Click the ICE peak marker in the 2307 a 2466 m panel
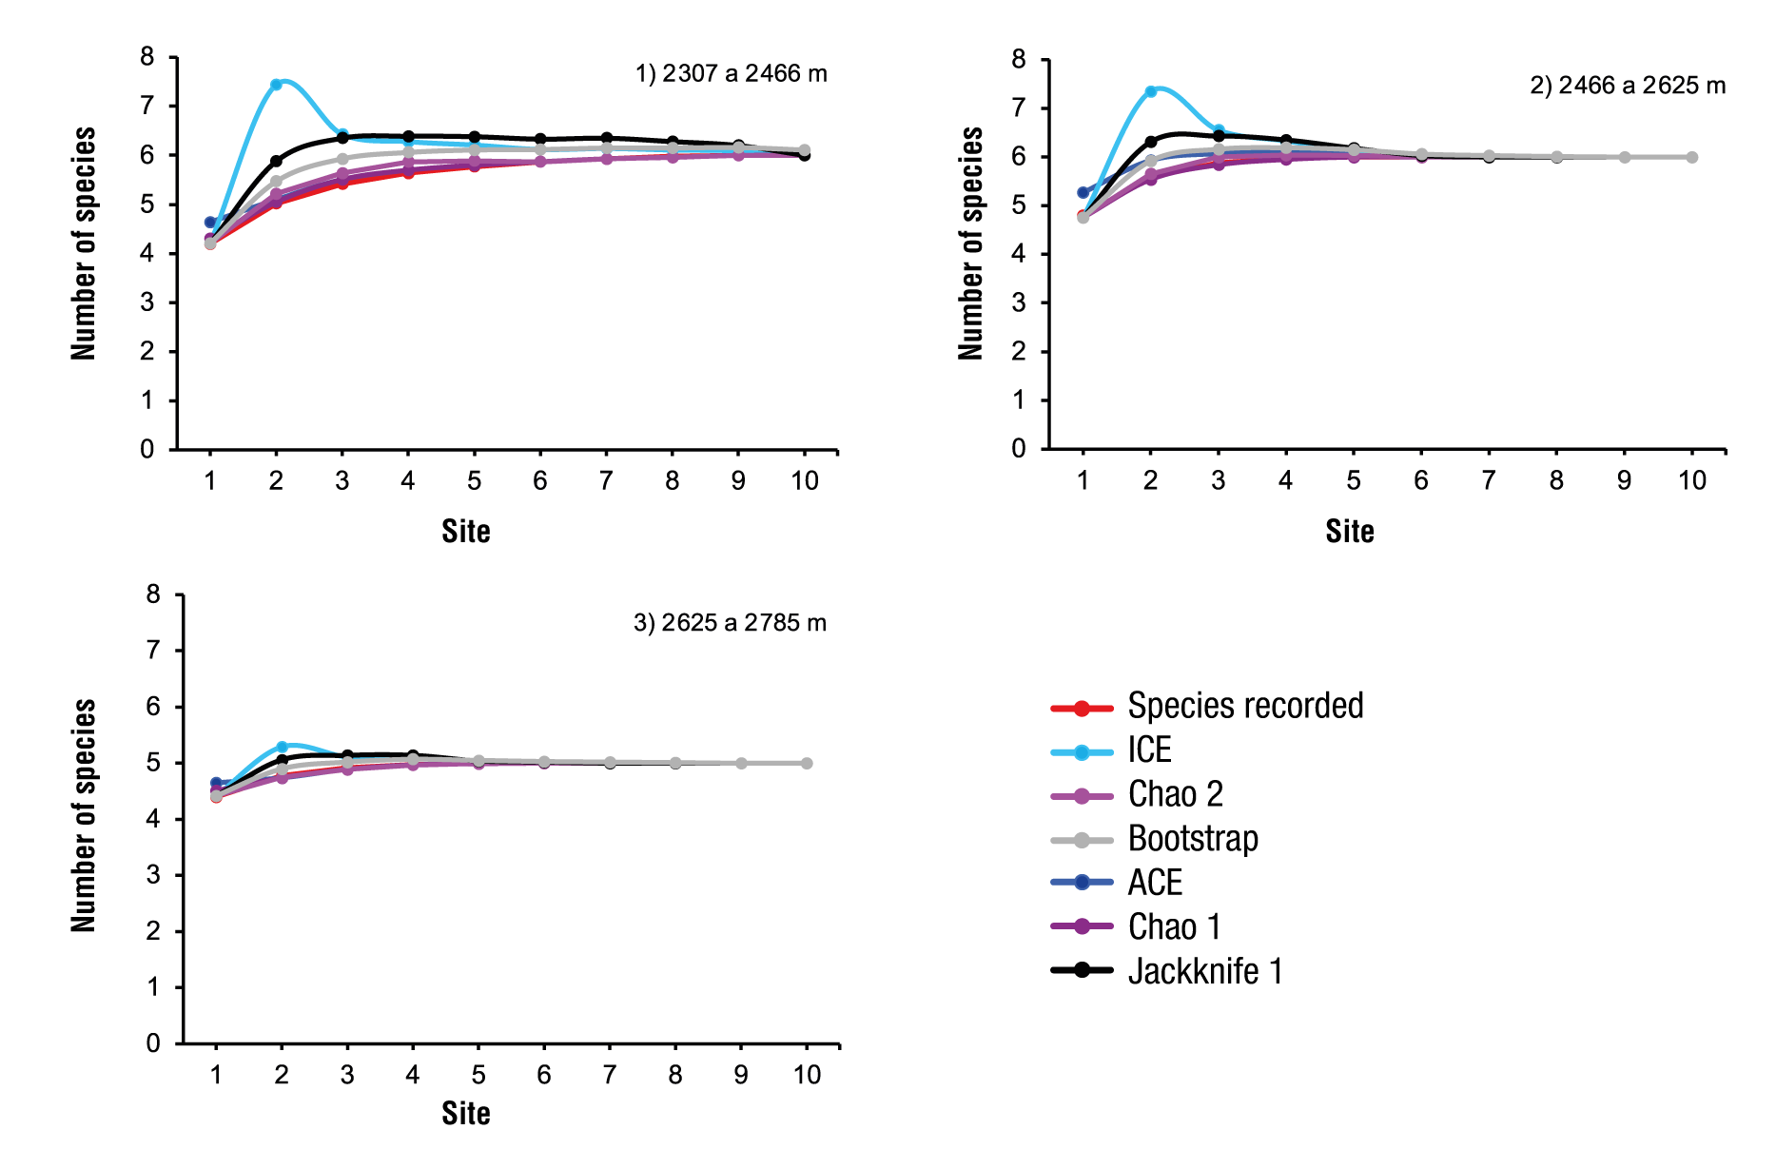[276, 85]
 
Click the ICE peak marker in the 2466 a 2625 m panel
[1150, 91]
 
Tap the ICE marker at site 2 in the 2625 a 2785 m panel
[282, 747]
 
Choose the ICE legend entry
[1149, 750]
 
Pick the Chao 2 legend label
[1175, 794]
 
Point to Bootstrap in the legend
[1193, 839]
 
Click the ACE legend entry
[1155, 883]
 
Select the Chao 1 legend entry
[1174, 926]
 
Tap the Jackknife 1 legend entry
[1205, 971]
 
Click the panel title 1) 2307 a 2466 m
[731, 74]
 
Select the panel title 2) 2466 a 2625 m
[1627, 86]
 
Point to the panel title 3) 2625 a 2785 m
[730, 623]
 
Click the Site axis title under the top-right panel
[1349, 532]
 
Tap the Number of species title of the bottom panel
[84, 816]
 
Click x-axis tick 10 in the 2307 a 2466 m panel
[805, 481]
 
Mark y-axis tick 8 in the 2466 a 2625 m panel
[1019, 60]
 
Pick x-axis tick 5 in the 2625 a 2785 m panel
[478, 1075]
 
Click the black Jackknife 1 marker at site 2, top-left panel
[276, 161]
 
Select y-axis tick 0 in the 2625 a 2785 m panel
[153, 1043]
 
